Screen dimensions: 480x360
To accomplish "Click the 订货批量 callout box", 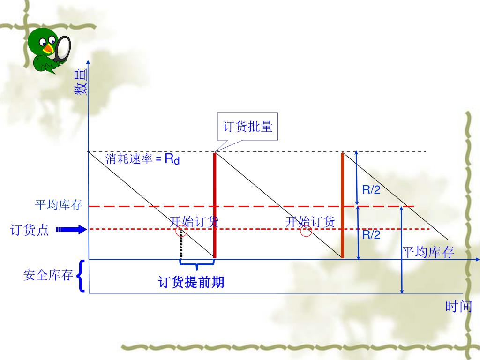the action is pyautogui.click(x=247, y=126).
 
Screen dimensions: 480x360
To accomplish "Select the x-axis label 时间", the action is pyautogui.click(x=459, y=307).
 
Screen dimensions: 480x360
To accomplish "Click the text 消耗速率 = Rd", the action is pyautogui.click(x=142, y=159).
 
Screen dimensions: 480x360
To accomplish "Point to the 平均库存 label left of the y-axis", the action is pyautogui.click(x=59, y=205).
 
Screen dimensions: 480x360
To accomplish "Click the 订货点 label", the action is pyautogui.click(x=30, y=230).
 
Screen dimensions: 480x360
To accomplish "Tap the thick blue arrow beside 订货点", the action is pyautogui.click(x=71, y=230).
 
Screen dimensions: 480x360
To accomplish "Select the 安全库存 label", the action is pyautogui.click(x=48, y=275).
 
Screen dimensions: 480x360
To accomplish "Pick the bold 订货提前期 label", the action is pyautogui.click(x=191, y=282).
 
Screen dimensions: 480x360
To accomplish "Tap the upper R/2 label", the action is pyautogui.click(x=371, y=190).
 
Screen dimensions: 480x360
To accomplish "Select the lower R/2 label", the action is pyautogui.click(x=371, y=235).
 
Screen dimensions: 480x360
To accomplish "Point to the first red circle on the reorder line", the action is pyautogui.click(x=181, y=232).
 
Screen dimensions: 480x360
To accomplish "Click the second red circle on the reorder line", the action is pyautogui.click(x=306, y=232).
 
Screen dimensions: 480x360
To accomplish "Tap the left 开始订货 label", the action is pyautogui.click(x=194, y=222).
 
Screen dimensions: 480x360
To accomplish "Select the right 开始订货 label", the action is pyautogui.click(x=310, y=222).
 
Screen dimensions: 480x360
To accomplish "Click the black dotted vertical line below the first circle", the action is pyautogui.click(x=181, y=247).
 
